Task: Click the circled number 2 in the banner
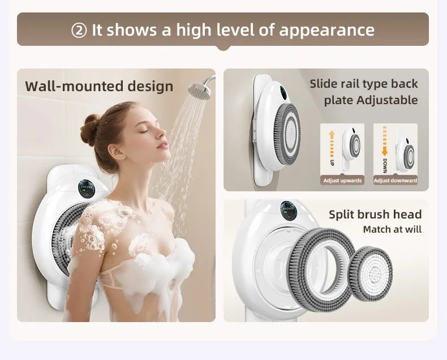[x=79, y=31]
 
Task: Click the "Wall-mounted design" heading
[x=99, y=86]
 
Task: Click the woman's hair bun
[x=90, y=129]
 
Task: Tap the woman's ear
[x=117, y=152]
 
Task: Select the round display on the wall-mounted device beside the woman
[x=87, y=188]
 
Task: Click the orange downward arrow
[x=385, y=141]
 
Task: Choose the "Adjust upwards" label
[x=342, y=181]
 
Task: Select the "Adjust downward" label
[x=396, y=181]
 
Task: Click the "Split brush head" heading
[x=375, y=214]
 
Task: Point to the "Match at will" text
[x=392, y=229]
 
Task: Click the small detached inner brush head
[x=371, y=274]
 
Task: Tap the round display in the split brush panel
[x=289, y=211]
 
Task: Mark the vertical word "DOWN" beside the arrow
[x=384, y=166]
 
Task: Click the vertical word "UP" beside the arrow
[x=332, y=162]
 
